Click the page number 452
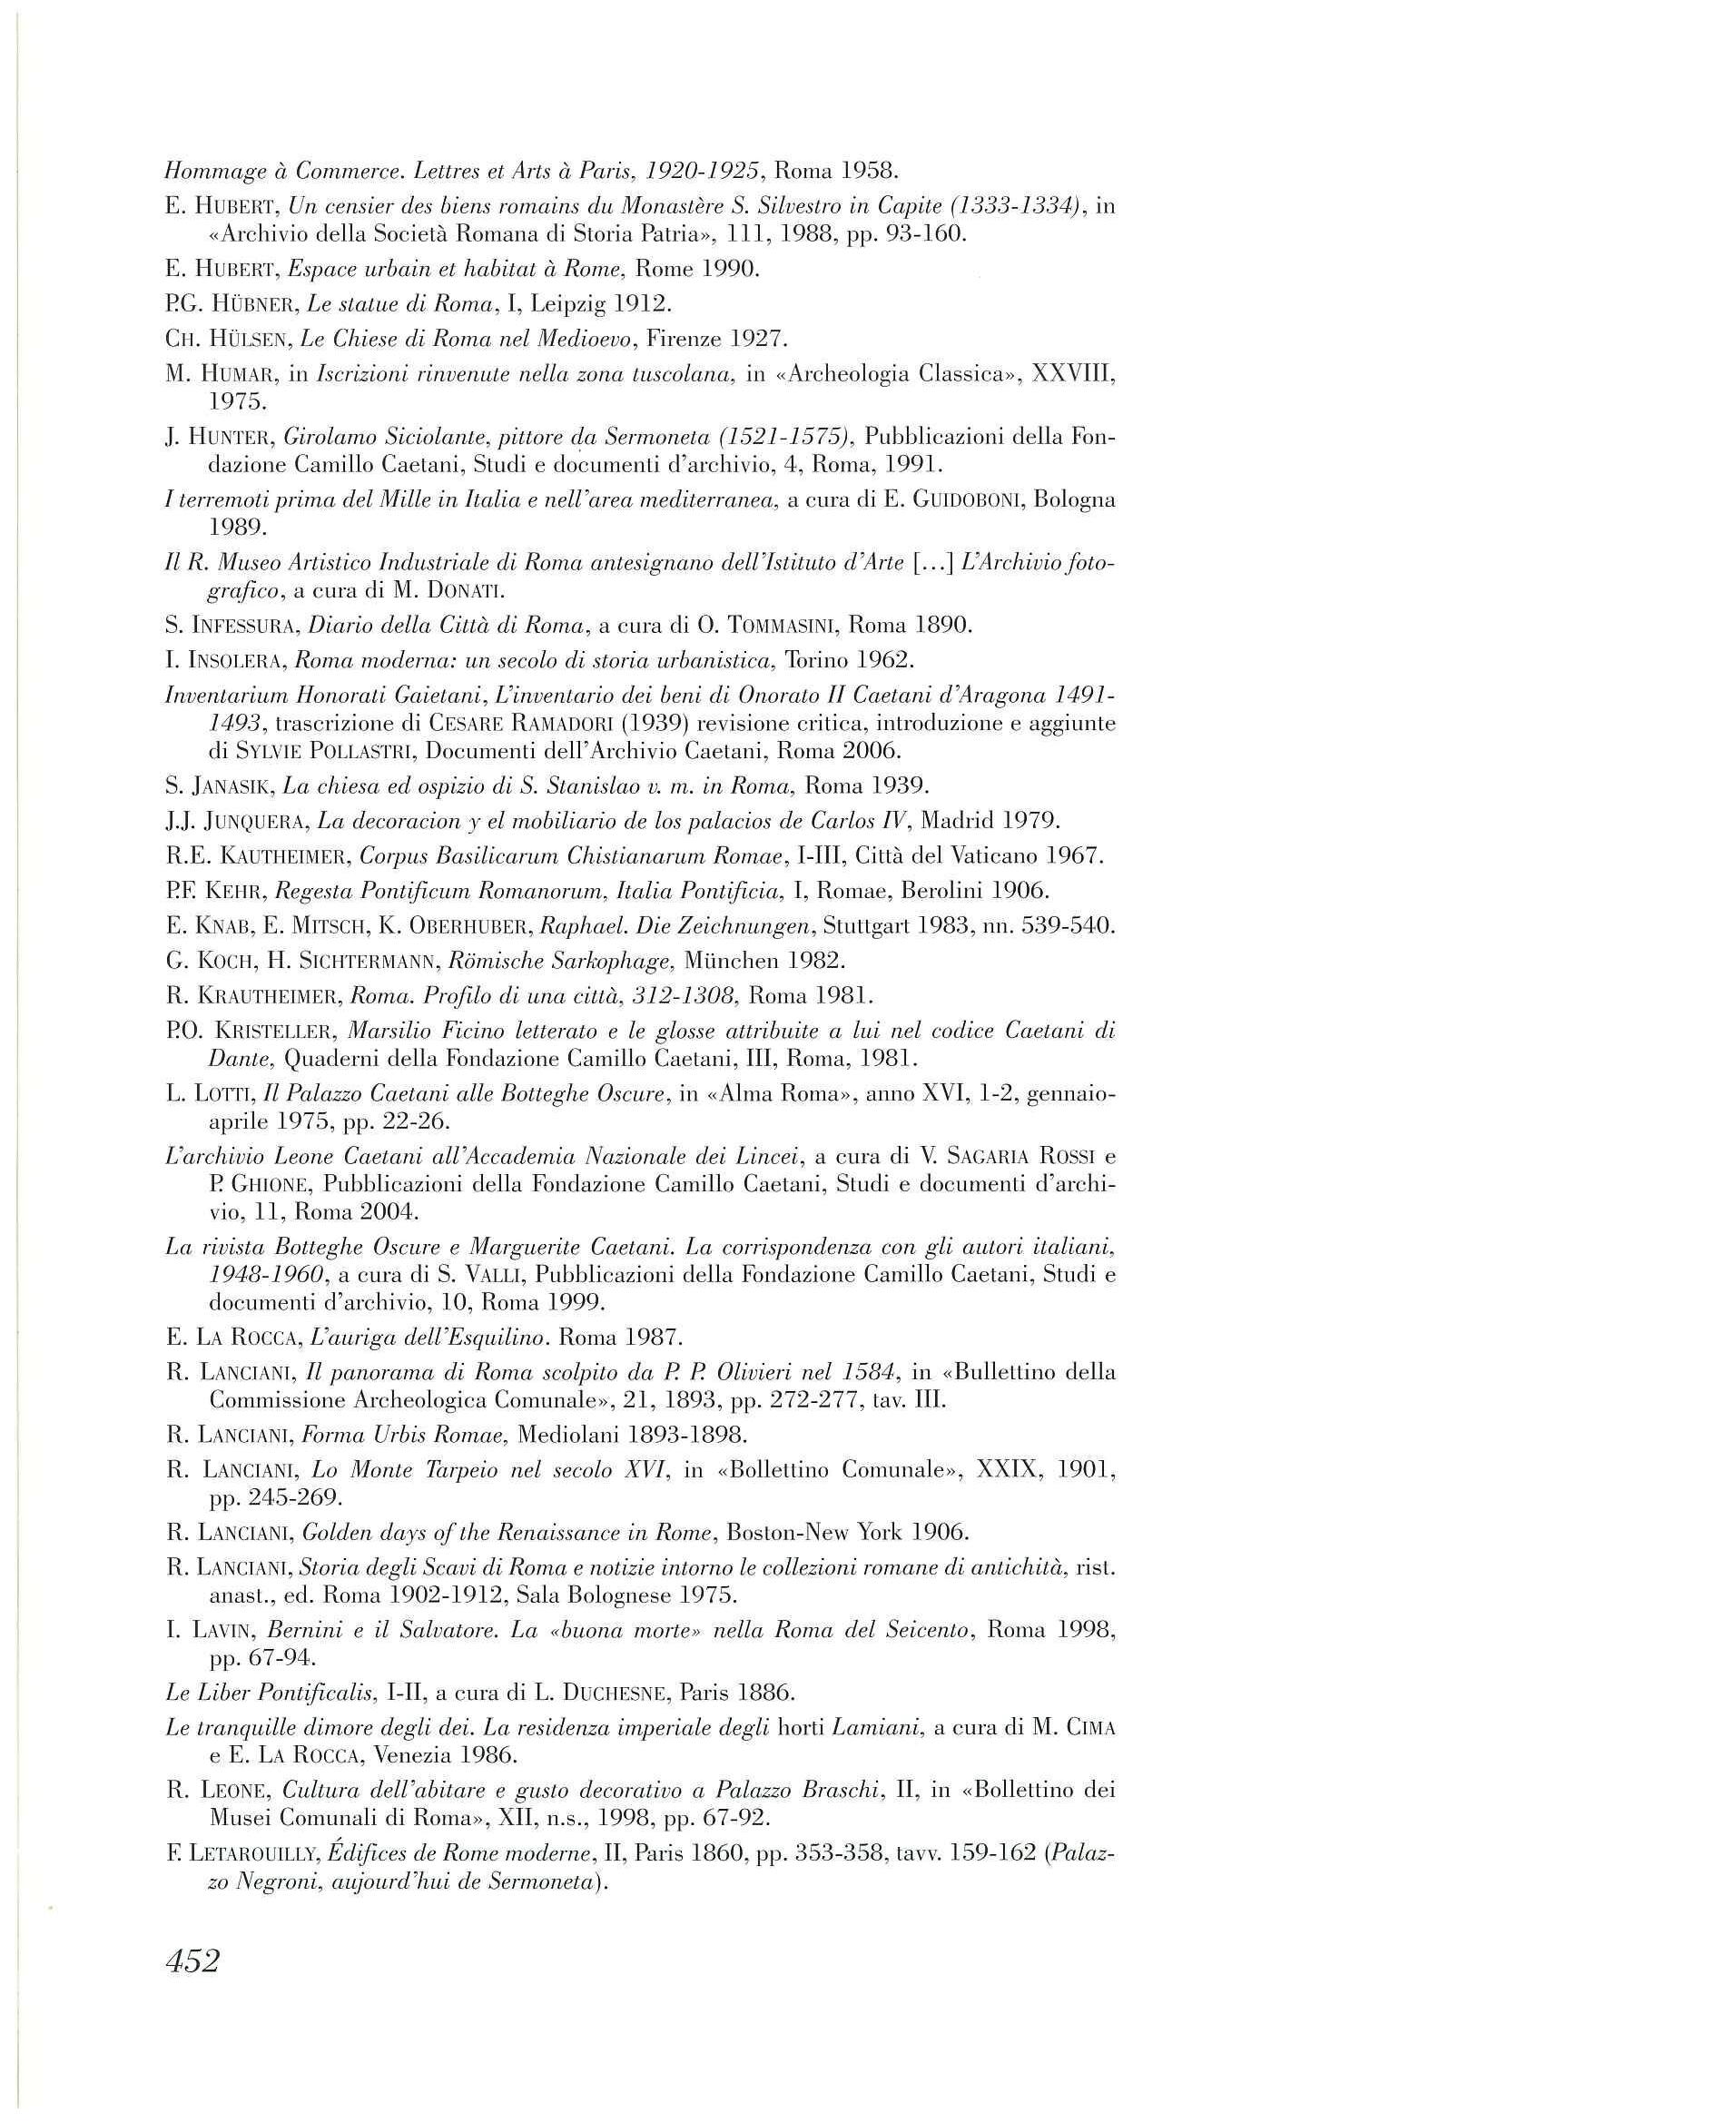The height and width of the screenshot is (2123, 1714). [x=192, y=1960]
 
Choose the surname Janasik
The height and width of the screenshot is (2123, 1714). [x=232, y=786]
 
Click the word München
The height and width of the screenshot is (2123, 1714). [x=726, y=961]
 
